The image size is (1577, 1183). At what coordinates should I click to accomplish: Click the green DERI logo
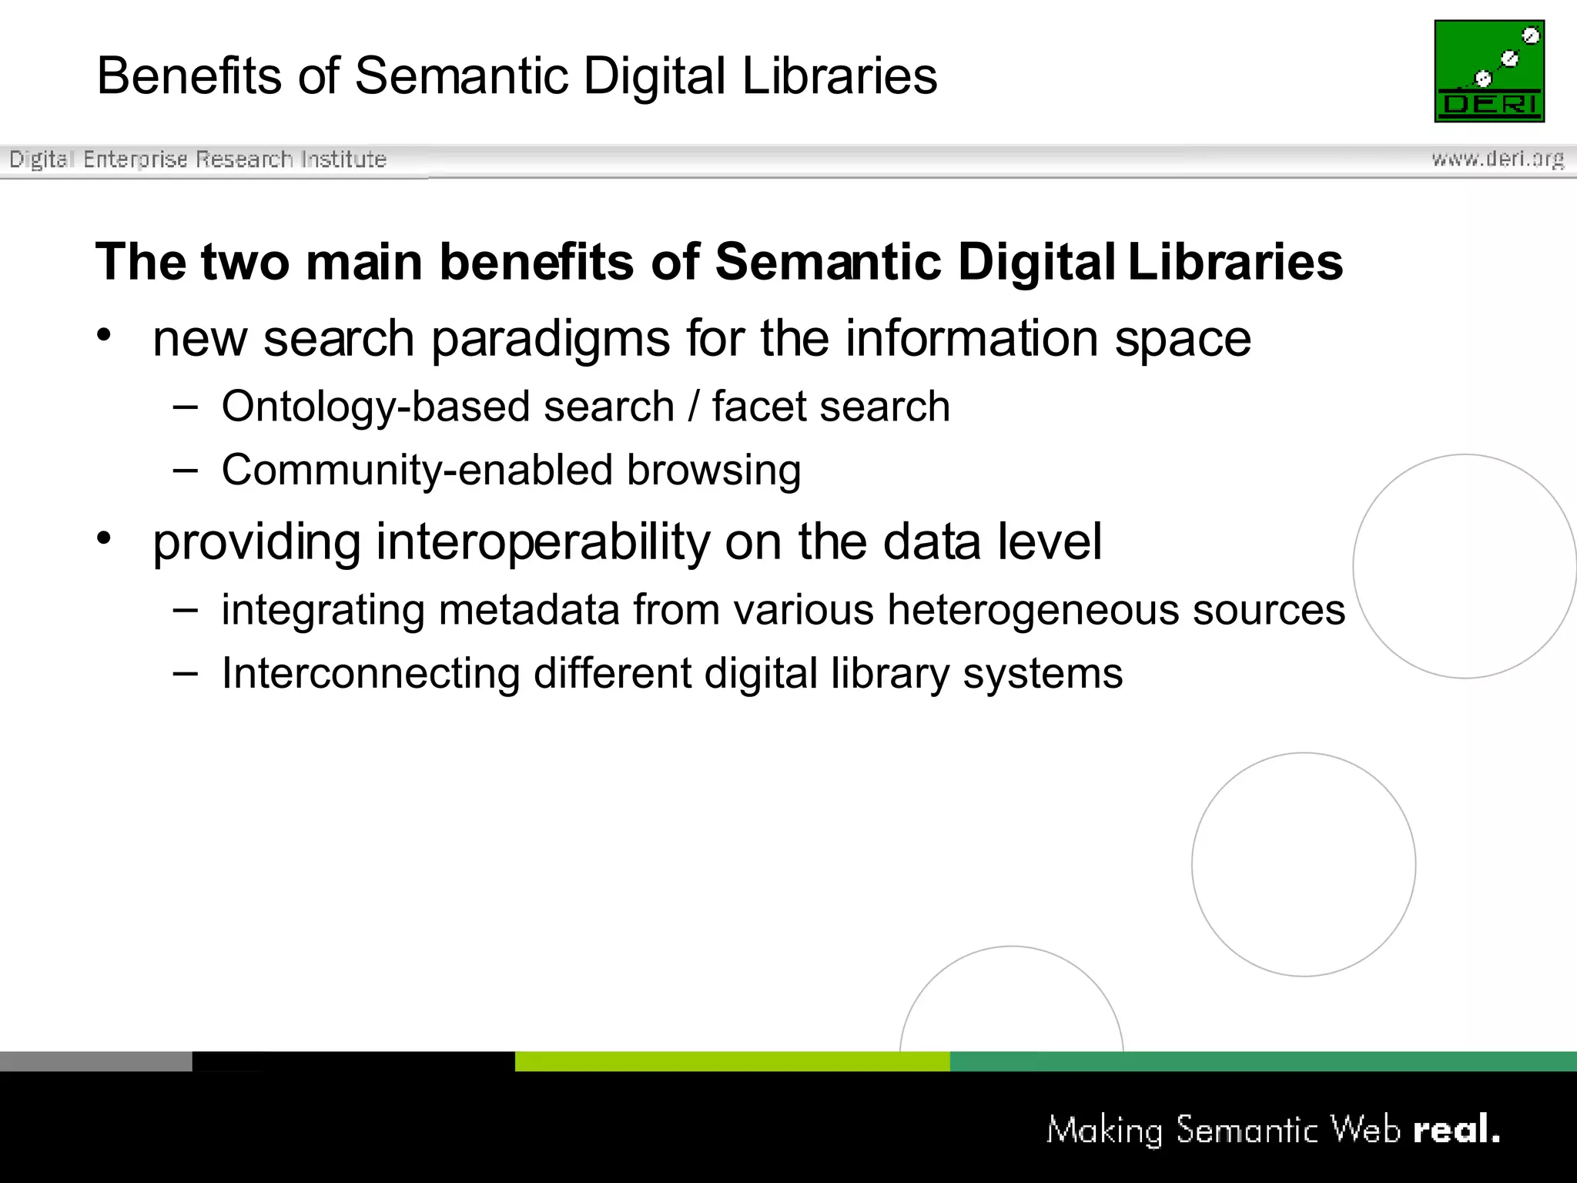[x=1489, y=71]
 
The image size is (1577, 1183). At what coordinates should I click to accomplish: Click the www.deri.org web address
[x=1498, y=159]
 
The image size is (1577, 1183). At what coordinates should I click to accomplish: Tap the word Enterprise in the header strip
[x=136, y=159]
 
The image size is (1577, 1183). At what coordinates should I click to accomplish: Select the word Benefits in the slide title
[x=189, y=76]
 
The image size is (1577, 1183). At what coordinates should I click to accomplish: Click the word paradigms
[x=550, y=340]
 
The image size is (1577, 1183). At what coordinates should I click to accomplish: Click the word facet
[x=752, y=407]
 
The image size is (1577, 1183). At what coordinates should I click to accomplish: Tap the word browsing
[x=714, y=471]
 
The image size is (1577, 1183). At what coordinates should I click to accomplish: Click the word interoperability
[x=543, y=541]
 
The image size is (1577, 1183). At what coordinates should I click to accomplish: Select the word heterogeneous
[x=1033, y=611]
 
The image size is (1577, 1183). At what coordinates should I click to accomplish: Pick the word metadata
[x=529, y=610]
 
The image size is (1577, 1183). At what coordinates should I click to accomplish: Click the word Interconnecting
[x=370, y=673]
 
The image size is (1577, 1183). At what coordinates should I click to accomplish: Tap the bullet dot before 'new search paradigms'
[x=105, y=335]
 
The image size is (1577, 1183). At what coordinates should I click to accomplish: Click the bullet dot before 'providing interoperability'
[x=105, y=538]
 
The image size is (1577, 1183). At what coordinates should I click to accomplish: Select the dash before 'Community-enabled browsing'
[x=186, y=470]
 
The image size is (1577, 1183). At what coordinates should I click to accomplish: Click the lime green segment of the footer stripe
[x=732, y=1061]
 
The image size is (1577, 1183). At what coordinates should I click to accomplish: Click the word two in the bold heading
[x=245, y=262]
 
